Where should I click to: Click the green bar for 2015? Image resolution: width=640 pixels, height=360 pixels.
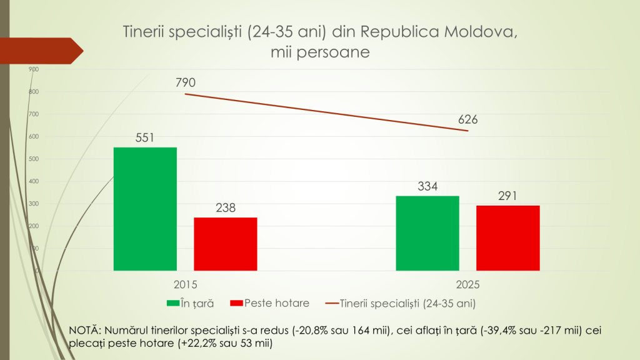(145, 209)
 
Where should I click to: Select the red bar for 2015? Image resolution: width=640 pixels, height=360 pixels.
(226, 244)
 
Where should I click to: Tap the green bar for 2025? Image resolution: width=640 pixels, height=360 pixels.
(428, 233)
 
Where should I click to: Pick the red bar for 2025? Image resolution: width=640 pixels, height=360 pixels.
(507, 238)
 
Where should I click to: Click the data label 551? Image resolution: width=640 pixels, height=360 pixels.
(144, 137)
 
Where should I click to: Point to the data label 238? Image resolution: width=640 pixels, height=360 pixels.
(226, 207)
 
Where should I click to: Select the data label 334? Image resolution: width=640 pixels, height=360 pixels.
(428, 186)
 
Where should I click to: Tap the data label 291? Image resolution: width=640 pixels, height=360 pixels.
(507, 196)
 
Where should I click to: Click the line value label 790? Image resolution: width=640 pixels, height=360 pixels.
(186, 83)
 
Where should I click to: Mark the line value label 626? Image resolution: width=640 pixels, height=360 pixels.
(467, 119)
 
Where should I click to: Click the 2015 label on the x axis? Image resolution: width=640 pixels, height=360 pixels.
(185, 284)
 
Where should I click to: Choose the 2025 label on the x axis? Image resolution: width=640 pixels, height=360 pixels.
(468, 284)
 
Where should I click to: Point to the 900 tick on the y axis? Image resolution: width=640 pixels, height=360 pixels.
(34, 69)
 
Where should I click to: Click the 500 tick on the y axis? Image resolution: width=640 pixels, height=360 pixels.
(34, 159)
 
